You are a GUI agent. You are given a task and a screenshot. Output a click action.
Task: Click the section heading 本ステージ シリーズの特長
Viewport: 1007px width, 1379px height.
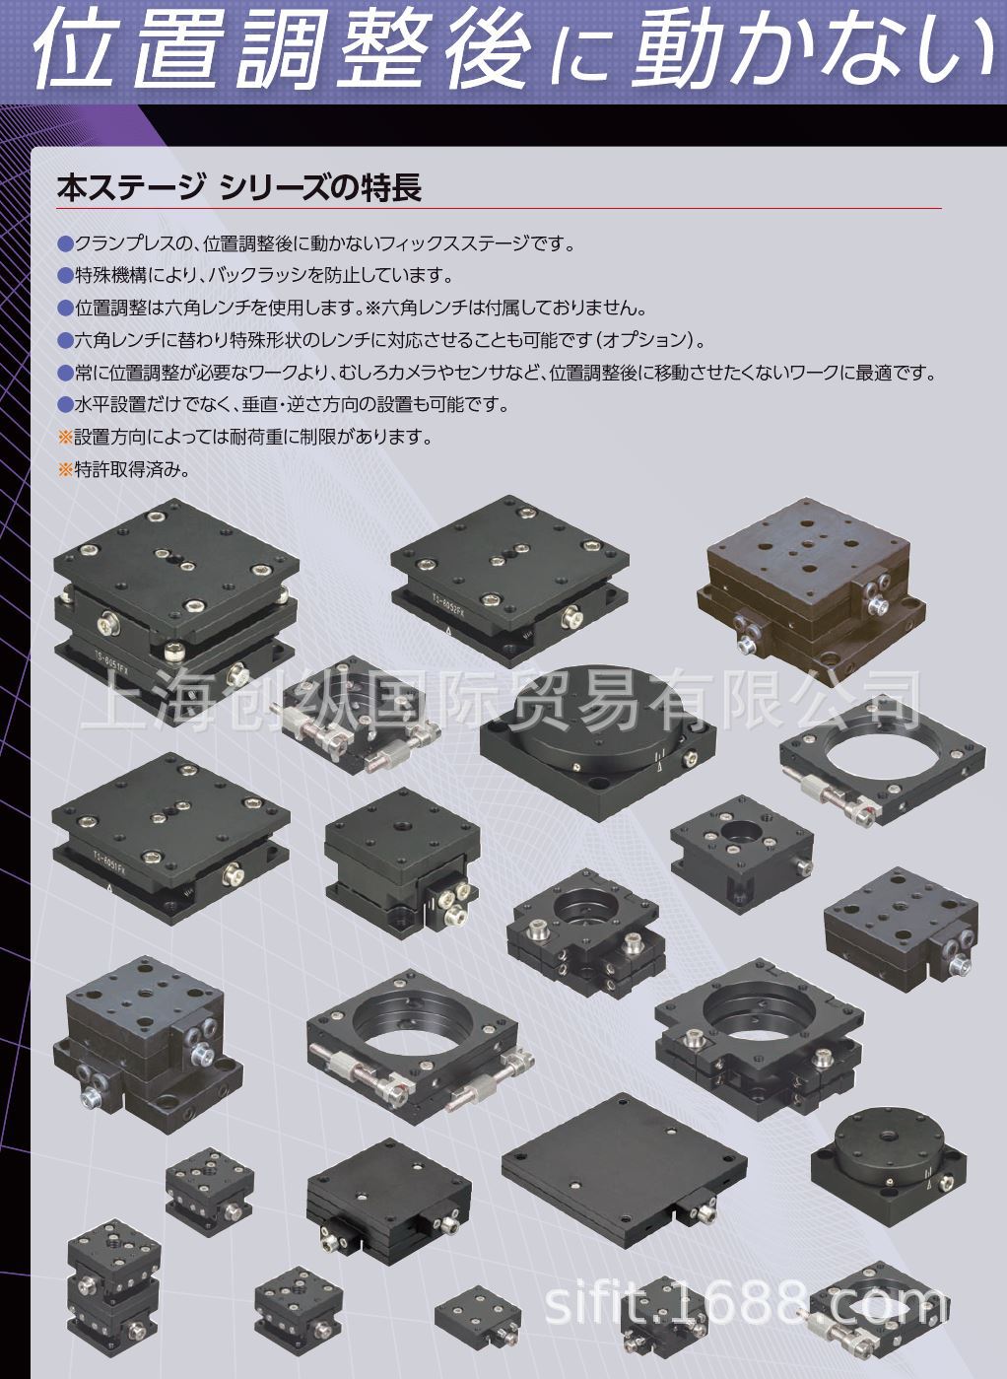pos(239,187)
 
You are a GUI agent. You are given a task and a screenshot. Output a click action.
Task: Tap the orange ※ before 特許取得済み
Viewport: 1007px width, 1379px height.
pos(66,469)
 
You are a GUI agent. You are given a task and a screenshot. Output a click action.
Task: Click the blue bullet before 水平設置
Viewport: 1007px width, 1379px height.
pos(66,405)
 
